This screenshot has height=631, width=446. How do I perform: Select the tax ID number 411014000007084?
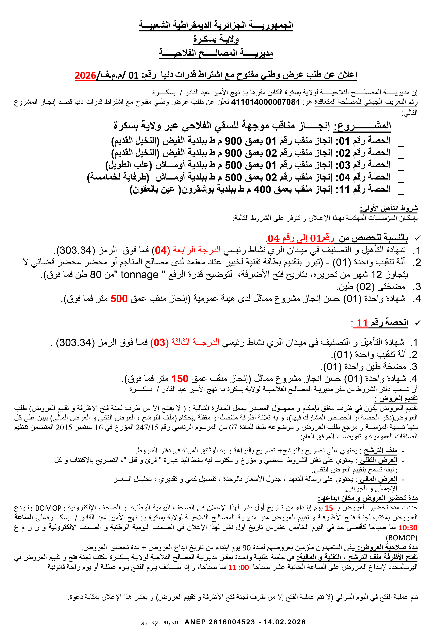pyautogui.click(x=265, y=102)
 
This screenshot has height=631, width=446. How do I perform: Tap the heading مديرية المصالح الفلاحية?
pyautogui.click(x=216, y=53)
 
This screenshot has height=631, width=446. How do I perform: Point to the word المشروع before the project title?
pyautogui.click(x=362, y=126)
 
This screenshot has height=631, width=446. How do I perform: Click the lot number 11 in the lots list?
pyautogui.click(x=344, y=189)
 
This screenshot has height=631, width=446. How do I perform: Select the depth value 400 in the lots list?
pyautogui.click(x=262, y=189)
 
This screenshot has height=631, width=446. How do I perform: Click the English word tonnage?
pyautogui.click(x=140, y=274)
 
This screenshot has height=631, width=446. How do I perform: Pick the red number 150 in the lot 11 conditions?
pyautogui.click(x=180, y=379)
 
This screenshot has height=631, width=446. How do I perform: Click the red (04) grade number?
pyautogui.click(x=161, y=250)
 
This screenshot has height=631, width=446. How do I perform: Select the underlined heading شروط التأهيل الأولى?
pyautogui.click(x=389, y=208)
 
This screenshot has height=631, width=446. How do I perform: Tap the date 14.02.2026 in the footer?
pyautogui.click(x=285, y=622)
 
